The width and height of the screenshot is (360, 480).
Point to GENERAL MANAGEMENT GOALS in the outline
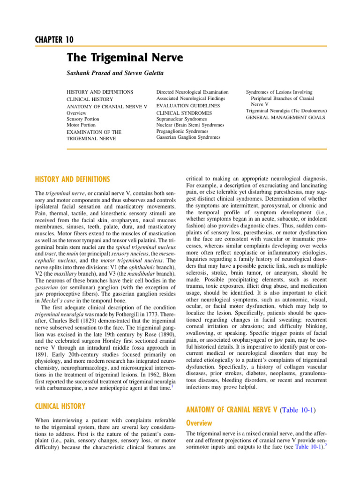click(285, 118)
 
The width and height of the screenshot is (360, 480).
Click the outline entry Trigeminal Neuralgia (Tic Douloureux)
click(286, 111)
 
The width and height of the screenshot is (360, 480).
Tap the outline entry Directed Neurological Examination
click(192, 92)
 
